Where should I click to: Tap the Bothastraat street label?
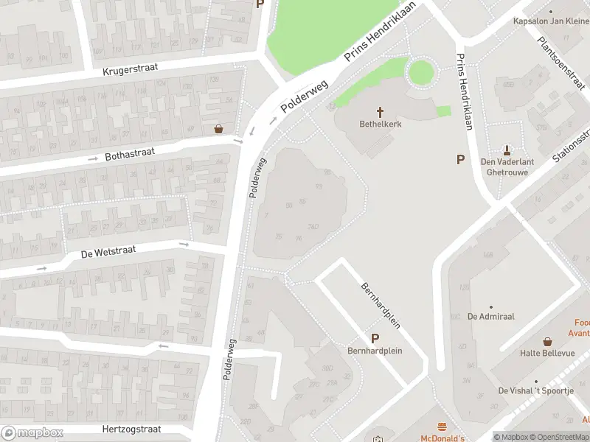(x=129, y=155)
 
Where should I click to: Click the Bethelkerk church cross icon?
(x=381, y=112)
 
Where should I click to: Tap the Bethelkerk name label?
(x=381, y=124)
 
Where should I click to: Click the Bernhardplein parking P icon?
(x=375, y=338)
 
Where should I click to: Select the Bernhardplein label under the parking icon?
(x=375, y=351)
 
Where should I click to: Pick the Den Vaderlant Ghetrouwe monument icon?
(x=507, y=150)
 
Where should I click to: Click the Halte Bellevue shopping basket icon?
(x=548, y=341)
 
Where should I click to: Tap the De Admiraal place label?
(x=490, y=317)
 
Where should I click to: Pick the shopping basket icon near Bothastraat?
(x=218, y=128)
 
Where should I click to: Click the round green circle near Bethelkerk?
(x=421, y=72)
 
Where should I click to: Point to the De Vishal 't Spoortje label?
(x=535, y=390)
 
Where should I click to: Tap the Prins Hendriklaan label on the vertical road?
(x=464, y=92)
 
